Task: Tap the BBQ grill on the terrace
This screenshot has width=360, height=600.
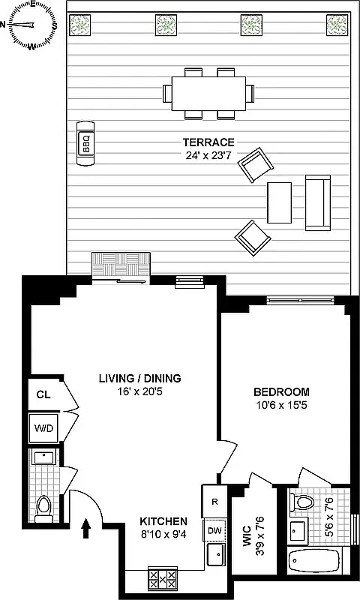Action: click(x=85, y=143)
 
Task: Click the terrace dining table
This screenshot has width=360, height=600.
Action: click(x=208, y=93)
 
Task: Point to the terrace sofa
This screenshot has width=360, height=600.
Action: click(x=317, y=203)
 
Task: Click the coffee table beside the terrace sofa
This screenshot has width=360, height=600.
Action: click(x=280, y=203)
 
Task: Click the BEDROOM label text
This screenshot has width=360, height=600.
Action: click(x=281, y=392)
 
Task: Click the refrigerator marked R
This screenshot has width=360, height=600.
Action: click(x=214, y=502)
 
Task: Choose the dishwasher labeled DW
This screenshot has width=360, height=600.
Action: click(x=214, y=531)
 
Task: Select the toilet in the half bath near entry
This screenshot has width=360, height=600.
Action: click(x=44, y=508)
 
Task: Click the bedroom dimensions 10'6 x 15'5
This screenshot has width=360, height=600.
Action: click(x=281, y=406)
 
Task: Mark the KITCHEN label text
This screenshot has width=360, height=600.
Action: click(x=163, y=521)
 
